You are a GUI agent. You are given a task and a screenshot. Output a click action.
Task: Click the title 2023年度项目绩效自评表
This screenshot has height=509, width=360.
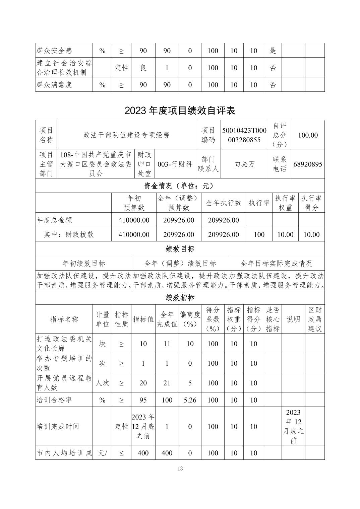[180, 111]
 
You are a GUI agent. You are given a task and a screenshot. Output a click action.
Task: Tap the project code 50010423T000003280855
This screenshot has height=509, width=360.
[244, 135]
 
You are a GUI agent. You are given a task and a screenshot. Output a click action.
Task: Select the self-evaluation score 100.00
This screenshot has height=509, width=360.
[308, 135]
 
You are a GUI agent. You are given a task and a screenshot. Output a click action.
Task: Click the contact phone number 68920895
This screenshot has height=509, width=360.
[308, 164]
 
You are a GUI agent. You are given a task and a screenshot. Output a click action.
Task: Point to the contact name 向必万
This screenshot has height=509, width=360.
[244, 164]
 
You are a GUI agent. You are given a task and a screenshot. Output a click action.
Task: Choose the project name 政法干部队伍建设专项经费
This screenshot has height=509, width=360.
[126, 135]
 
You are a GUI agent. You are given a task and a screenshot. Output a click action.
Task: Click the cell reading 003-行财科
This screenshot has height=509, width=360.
[175, 164]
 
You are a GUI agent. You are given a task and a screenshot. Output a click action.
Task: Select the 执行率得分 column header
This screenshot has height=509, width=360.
[311, 203]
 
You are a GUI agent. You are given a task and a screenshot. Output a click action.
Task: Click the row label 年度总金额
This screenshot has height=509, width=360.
[54, 220]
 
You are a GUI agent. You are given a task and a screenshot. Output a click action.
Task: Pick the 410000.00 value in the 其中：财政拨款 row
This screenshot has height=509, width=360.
[134, 234]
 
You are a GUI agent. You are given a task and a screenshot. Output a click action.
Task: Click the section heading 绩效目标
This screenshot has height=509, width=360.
[180, 249]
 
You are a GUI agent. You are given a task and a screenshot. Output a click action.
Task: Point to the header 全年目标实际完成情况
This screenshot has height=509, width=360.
[276, 264]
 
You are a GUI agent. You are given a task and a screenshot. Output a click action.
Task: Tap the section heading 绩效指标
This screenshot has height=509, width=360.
[180, 297]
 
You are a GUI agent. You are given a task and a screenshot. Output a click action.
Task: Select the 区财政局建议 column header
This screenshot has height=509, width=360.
[314, 319]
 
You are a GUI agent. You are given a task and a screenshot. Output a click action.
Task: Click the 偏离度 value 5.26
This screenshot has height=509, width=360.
[190, 400]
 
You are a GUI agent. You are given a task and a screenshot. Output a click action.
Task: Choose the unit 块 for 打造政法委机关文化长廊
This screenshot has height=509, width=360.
[102, 344]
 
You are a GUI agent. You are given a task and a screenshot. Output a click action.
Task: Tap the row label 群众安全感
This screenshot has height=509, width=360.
[54, 51]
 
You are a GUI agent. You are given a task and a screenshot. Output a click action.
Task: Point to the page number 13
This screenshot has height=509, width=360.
[180, 468]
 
